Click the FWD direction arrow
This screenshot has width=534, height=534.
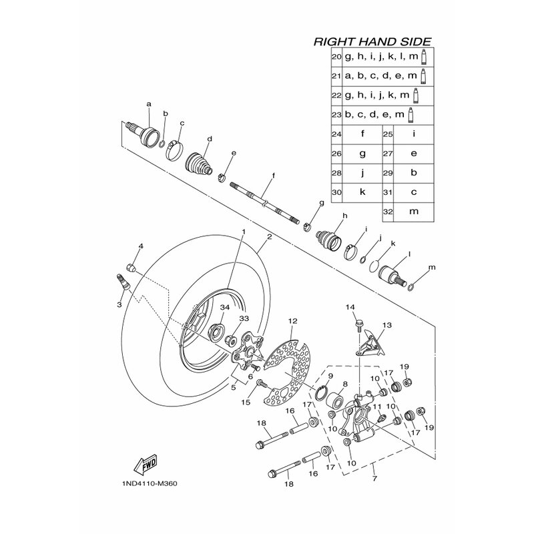pyautogui.click(x=146, y=463)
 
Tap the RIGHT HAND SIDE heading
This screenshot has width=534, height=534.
pyautogui.click(x=372, y=41)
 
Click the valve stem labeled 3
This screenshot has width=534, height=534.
pyautogui.click(x=124, y=282)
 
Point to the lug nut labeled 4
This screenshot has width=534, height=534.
pyautogui.click(x=131, y=268)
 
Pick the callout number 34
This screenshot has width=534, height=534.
pyautogui.click(x=225, y=307)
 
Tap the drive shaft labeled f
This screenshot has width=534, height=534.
pyautogui.click(x=264, y=203)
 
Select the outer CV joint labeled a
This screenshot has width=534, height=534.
pyautogui.click(x=143, y=133)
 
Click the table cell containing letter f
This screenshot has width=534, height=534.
pyautogui.click(x=362, y=135)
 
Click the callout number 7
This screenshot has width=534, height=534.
pyautogui.click(x=374, y=479)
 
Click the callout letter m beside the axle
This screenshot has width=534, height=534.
pyautogui.click(x=431, y=268)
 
